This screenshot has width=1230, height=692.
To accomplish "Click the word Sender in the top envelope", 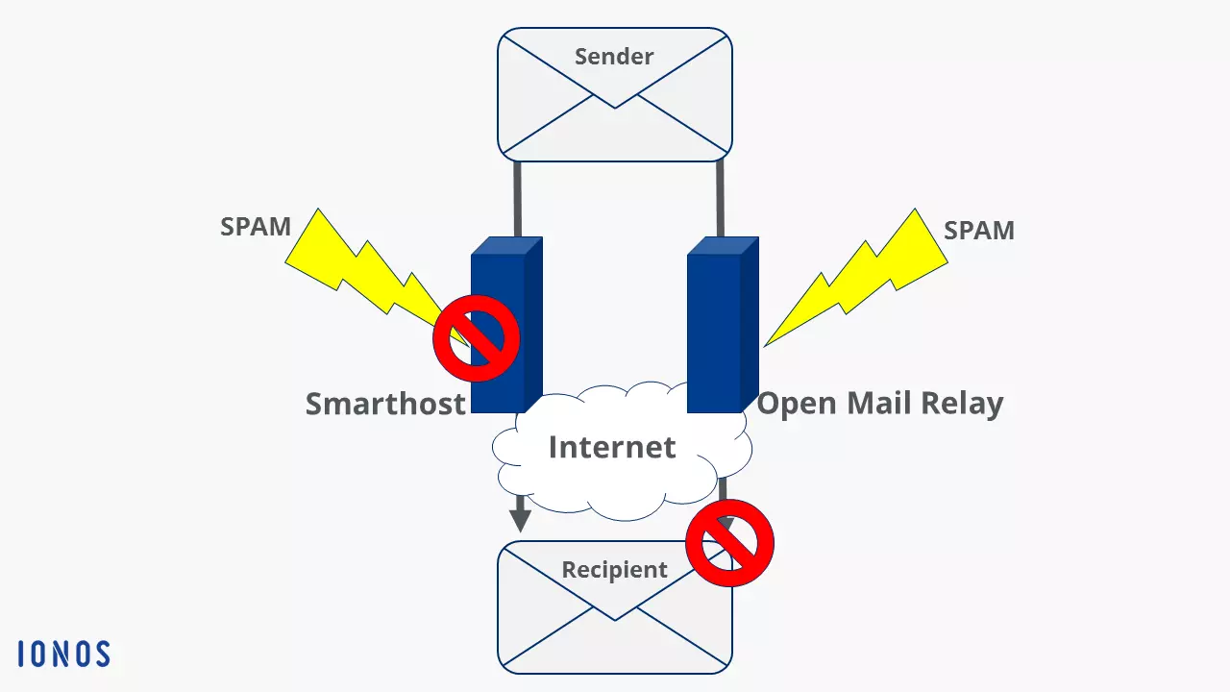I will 614,57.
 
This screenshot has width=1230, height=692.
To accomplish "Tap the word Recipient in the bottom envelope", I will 614,570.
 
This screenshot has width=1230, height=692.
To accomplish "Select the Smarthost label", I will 385,404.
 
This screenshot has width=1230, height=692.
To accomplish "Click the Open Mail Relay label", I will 879,404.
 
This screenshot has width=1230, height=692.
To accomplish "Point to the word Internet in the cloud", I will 612,447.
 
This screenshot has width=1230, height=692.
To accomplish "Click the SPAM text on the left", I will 256,228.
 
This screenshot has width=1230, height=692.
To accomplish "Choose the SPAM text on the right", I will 978,231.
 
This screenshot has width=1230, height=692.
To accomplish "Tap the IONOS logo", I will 64,655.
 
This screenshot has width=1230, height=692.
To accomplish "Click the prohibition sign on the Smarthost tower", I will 476,338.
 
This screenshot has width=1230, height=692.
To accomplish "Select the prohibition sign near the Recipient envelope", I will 730,543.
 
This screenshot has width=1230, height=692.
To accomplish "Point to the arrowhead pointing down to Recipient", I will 520,520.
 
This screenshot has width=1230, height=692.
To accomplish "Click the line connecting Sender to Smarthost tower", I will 517,199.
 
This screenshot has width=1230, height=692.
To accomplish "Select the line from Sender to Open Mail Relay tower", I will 720,199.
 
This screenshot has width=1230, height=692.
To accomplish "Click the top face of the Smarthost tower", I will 507,246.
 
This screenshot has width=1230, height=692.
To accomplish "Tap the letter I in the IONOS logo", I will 21,655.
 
